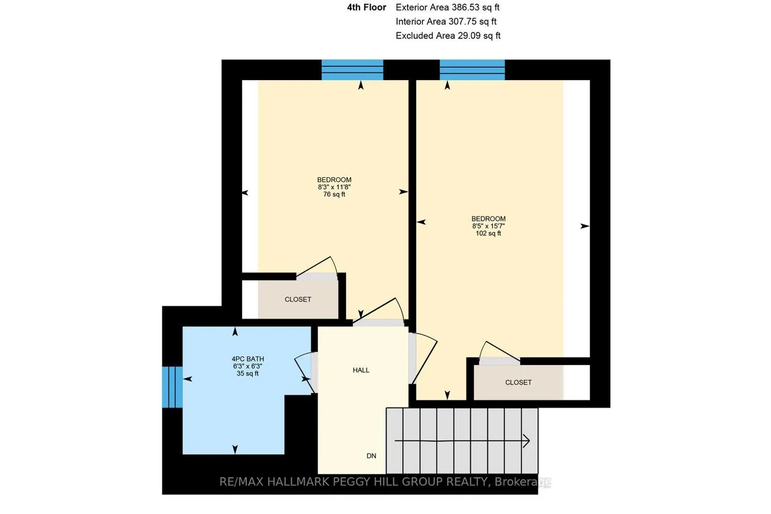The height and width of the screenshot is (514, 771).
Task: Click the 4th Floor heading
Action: pyautogui.click(x=366, y=7)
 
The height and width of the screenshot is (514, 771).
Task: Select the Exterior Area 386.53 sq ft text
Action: pyautogui.click(x=448, y=7)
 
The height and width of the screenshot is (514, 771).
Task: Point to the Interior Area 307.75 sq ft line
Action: pyautogui.click(x=446, y=22)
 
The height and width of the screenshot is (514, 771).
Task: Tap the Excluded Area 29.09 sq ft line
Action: pyautogui.click(x=448, y=35)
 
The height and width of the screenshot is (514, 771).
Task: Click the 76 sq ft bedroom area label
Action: pyautogui.click(x=334, y=194)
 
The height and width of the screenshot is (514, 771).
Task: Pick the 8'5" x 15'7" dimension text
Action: pyautogui.click(x=488, y=226)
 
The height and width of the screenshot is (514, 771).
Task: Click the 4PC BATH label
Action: pyautogui.click(x=248, y=359)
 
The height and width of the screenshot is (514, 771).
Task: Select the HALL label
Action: pyautogui.click(x=361, y=370)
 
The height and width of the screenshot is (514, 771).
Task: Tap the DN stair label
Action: pyautogui.click(x=372, y=456)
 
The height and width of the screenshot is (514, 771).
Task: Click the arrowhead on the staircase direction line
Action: pyautogui.click(x=527, y=440)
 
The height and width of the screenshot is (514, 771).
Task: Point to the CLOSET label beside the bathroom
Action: pyautogui.click(x=298, y=300)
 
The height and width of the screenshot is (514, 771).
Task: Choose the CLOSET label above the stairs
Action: pyautogui.click(x=518, y=382)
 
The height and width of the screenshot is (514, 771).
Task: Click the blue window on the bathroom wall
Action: pyautogui.click(x=172, y=387)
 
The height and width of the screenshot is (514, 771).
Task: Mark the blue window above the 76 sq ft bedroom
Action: pyautogui.click(x=353, y=70)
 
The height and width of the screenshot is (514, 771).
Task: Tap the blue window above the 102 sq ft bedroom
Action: pyautogui.click(x=472, y=70)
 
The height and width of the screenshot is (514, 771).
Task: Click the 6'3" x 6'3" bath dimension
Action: pyautogui.click(x=248, y=366)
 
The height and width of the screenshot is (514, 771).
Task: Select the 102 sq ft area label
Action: pyautogui.click(x=488, y=233)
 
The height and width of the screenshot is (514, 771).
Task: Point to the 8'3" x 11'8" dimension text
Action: pyautogui.click(x=334, y=187)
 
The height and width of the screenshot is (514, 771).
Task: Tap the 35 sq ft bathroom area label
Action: pyautogui.click(x=248, y=374)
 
